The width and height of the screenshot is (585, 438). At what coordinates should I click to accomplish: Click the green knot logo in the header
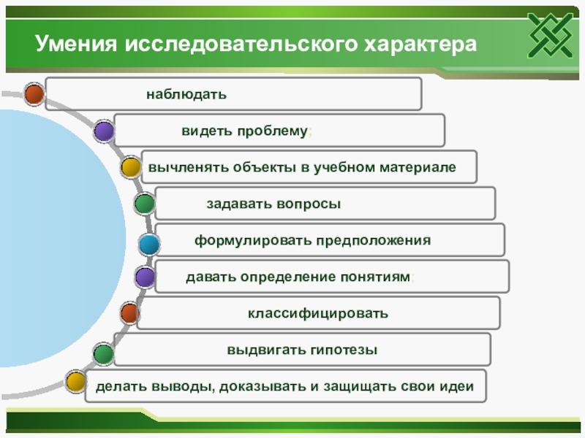[x=548, y=35]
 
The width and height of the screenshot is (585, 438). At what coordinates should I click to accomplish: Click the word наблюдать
[x=186, y=94]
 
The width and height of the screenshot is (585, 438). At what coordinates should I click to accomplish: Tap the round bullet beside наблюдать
[x=34, y=94]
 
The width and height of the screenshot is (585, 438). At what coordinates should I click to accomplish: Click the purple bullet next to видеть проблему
[x=104, y=131]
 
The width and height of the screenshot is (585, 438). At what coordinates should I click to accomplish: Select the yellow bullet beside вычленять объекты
[x=130, y=167]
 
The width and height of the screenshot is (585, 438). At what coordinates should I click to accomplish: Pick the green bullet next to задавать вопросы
[x=145, y=204]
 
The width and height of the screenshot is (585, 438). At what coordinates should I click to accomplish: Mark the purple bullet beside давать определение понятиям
[x=146, y=277]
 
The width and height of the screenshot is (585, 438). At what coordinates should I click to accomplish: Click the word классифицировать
[x=317, y=313]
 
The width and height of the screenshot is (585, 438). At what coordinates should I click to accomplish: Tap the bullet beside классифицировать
[x=130, y=314]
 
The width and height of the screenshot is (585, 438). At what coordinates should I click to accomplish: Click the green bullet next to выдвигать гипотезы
[x=103, y=354]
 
